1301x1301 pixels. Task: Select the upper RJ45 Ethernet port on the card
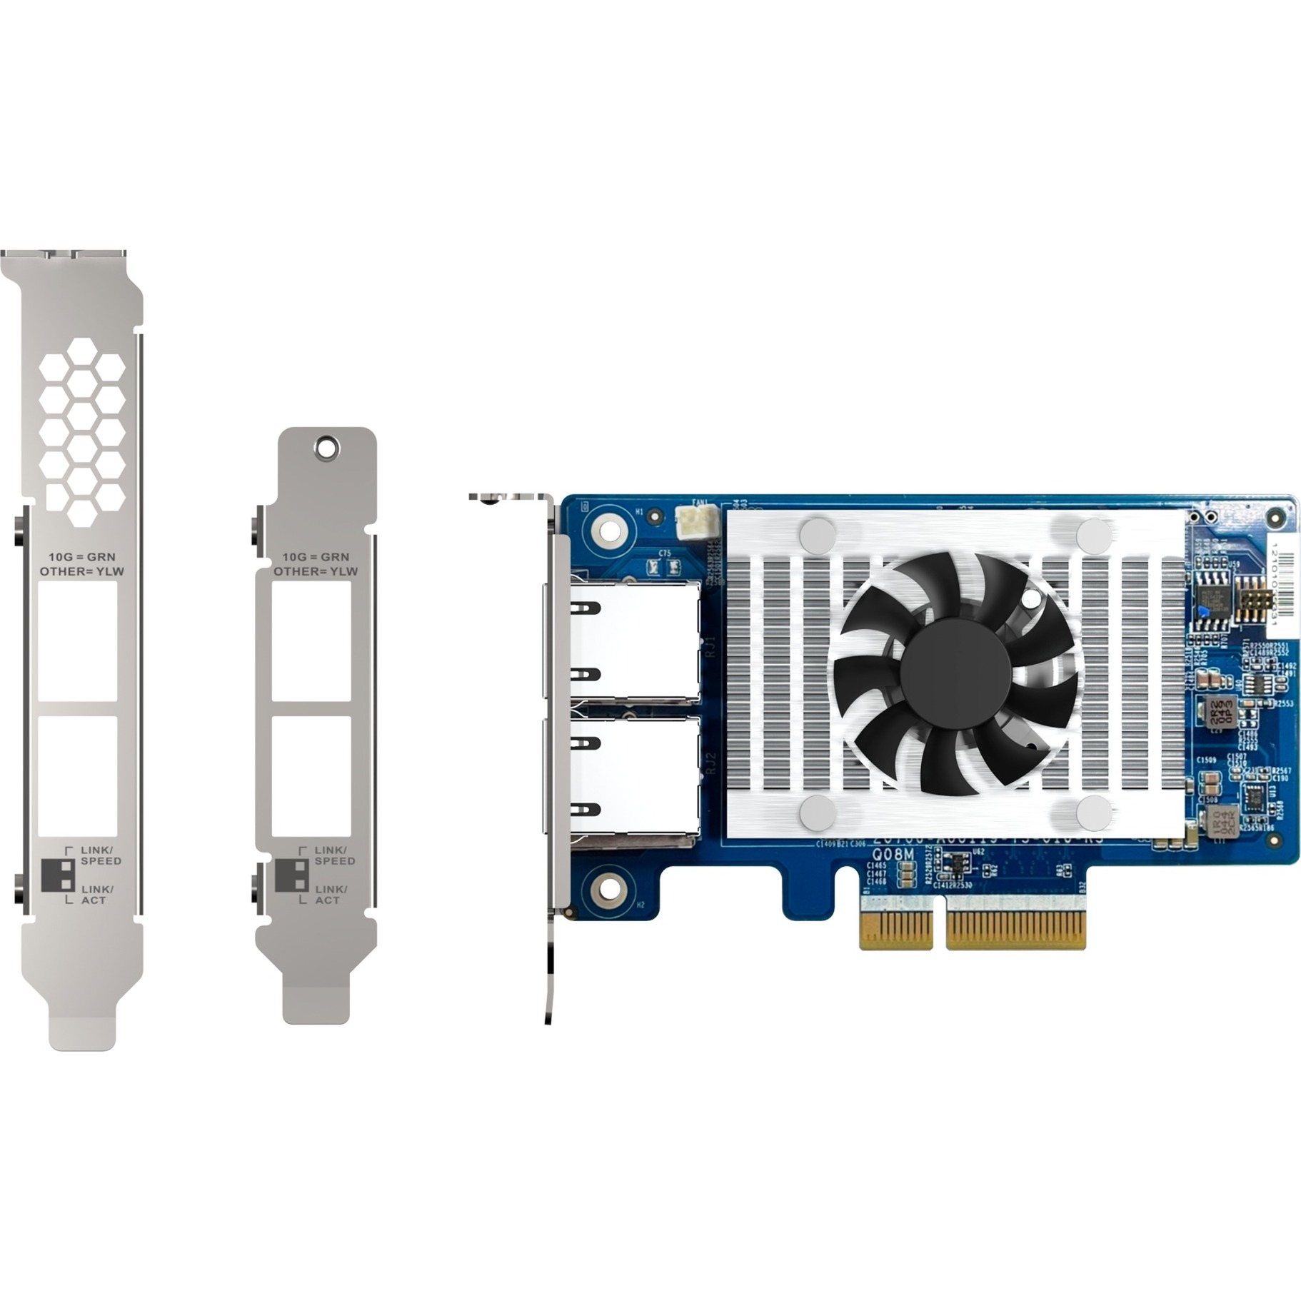pos(628,642)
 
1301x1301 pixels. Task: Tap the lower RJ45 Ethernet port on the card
pos(628,780)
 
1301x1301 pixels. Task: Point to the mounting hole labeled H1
pos(608,531)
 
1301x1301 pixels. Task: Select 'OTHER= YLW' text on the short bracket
pos(316,571)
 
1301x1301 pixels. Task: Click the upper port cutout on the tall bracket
pos(77,641)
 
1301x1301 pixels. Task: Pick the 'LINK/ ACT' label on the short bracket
pos(331,895)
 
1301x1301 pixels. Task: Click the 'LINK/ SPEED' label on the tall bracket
pos(101,855)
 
